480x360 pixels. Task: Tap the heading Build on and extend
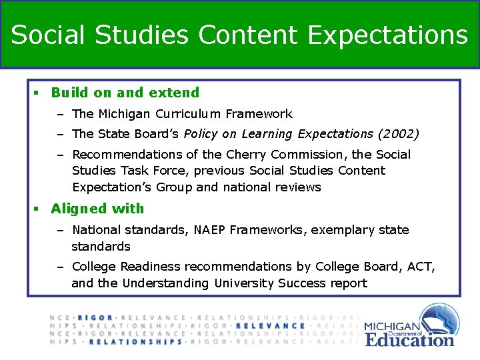click(x=125, y=93)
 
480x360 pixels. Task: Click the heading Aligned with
click(x=97, y=209)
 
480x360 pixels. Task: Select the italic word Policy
click(x=200, y=134)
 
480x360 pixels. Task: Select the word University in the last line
click(x=244, y=283)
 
